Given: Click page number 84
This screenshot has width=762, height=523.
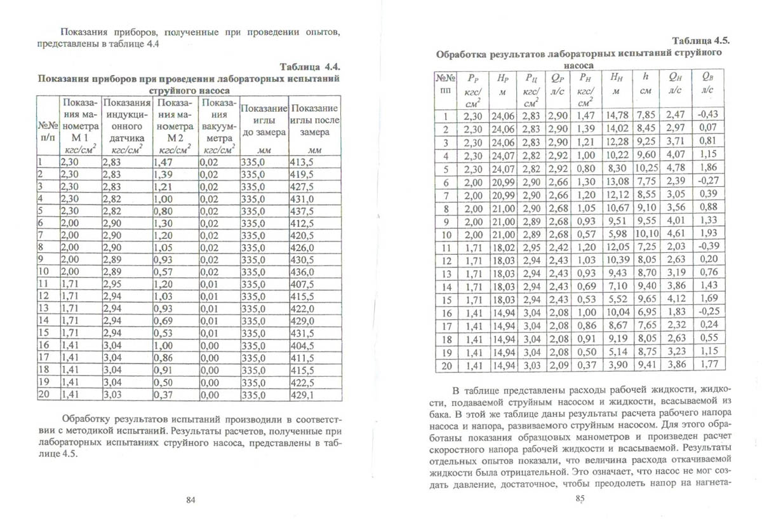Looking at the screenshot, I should click(x=190, y=500).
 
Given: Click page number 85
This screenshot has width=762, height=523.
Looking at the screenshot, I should click(x=578, y=499).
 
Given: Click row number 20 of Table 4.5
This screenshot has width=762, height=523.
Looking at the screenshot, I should click(x=445, y=365).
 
